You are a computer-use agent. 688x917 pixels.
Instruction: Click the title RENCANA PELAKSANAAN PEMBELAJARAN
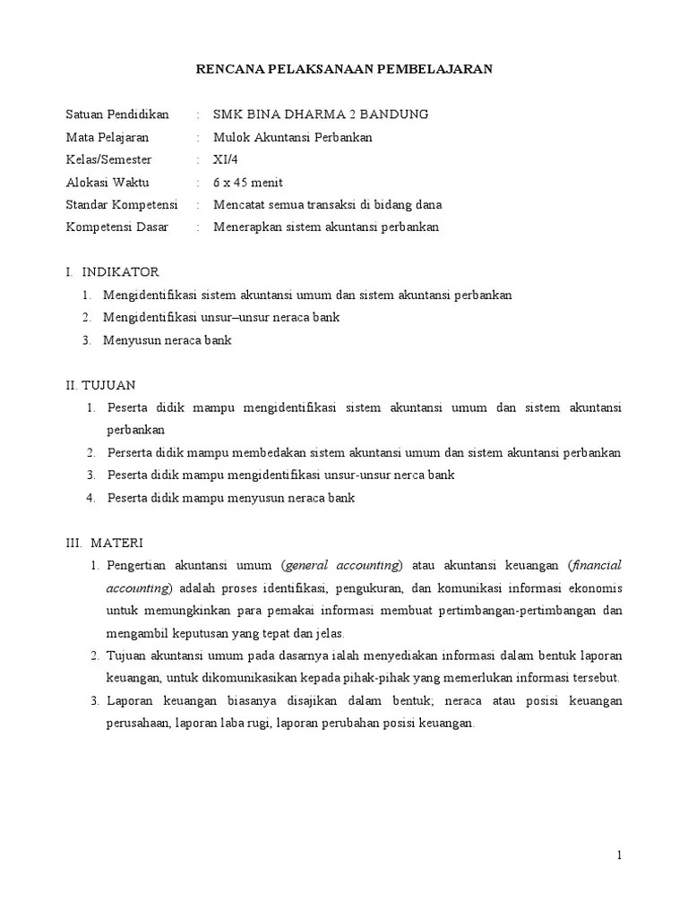[x=344, y=69]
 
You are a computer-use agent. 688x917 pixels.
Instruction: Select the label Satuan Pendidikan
[x=117, y=115]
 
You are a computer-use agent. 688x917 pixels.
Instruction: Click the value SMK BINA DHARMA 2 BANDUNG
[x=321, y=115]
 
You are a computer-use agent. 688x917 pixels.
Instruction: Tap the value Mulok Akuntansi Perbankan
[x=292, y=137]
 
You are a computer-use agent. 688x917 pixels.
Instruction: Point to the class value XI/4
[x=226, y=159]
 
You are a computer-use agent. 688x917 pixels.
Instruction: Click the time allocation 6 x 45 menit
[x=247, y=182]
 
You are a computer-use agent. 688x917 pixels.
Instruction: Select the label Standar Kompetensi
[x=122, y=204]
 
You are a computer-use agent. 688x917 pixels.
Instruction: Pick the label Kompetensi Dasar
[x=116, y=227]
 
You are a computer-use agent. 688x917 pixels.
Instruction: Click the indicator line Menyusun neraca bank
[x=168, y=339]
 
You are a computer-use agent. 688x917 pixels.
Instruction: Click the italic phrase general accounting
[x=341, y=565]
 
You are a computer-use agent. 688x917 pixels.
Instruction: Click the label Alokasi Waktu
[x=107, y=182]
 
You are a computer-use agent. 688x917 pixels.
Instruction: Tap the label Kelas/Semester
[x=108, y=159]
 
